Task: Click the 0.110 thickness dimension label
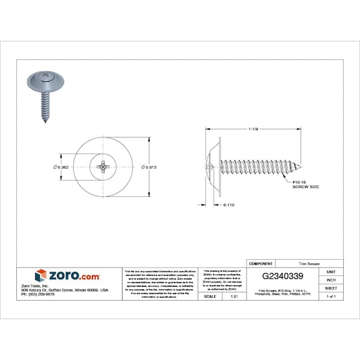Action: (228, 205)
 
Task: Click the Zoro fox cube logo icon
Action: (41, 275)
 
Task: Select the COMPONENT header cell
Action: (260, 263)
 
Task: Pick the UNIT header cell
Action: (331, 272)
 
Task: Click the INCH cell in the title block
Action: (331, 280)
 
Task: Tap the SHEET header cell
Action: (331, 289)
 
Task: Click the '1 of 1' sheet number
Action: (331, 296)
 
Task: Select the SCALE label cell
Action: (210, 296)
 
